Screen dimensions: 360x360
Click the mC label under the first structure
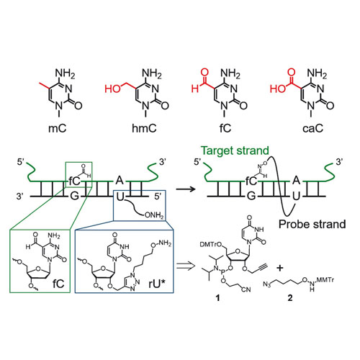pyautogui.click(x=57, y=128)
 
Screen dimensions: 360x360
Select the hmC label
pyautogui.click(x=144, y=128)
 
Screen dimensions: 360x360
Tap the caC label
pyautogui.click(x=312, y=128)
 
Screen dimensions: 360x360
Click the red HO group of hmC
pyautogui.click(x=113, y=89)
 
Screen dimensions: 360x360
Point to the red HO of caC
pyautogui.click(x=278, y=89)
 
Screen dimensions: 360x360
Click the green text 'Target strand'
pyautogui.click(x=235, y=150)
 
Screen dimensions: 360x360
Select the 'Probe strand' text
pyautogui.click(x=312, y=224)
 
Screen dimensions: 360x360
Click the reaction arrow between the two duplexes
pyautogui.click(x=186, y=189)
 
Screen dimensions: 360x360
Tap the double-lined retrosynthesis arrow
pyautogui.click(x=186, y=266)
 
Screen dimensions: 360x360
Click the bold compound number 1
pyautogui.click(x=217, y=298)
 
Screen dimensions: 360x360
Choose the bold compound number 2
pyautogui.click(x=290, y=298)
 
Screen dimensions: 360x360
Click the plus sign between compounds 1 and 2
pyautogui.click(x=280, y=268)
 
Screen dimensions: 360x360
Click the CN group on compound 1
pyautogui.click(x=246, y=289)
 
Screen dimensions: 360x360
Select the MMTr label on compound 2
pyautogui.click(x=325, y=280)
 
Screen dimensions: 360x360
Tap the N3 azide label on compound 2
pyautogui.click(x=267, y=284)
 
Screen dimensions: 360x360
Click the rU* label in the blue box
pyautogui.click(x=157, y=284)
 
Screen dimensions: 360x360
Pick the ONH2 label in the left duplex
pyautogui.click(x=154, y=215)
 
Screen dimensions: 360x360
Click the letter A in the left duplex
pyautogui.click(x=120, y=180)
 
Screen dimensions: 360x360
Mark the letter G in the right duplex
pyautogui.click(x=251, y=197)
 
